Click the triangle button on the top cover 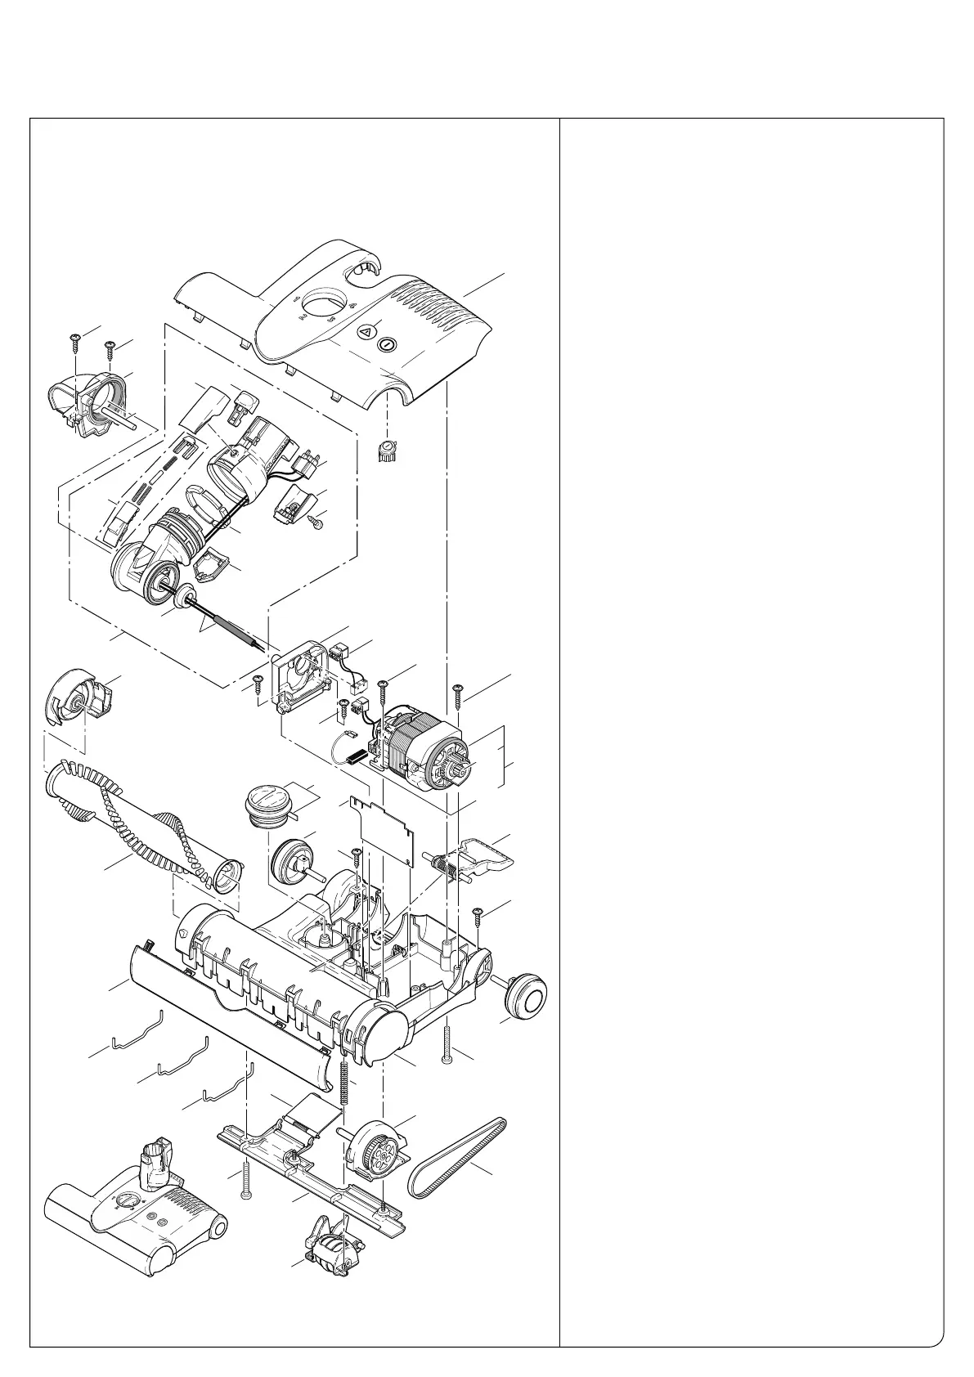(x=366, y=333)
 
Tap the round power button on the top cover (x=387, y=345)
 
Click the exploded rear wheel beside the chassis (x=524, y=994)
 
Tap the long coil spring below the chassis (x=343, y=1088)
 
